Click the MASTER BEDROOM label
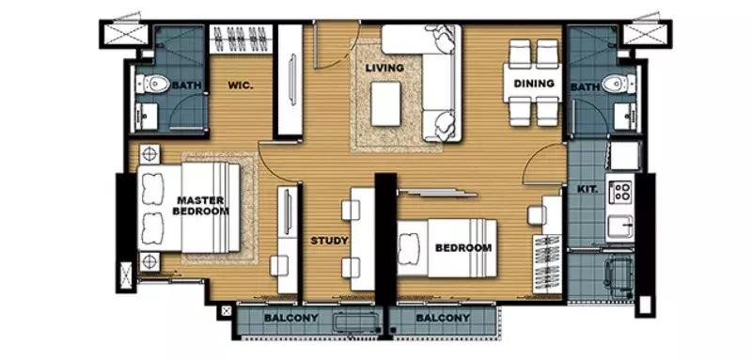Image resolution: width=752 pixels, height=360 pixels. [x=200, y=205]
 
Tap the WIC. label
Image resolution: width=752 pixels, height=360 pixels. [x=241, y=86]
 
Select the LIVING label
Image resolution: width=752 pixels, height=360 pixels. [x=384, y=68]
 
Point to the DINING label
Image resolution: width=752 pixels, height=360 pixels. [x=534, y=84]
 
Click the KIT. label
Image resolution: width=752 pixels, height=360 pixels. [x=587, y=189]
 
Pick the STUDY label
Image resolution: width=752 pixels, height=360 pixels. [x=329, y=241]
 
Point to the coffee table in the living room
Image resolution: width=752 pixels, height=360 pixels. [x=385, y=103]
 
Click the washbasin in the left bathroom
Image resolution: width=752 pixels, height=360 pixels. [x=147, y=117]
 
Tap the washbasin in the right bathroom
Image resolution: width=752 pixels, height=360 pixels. [x=625, y=117]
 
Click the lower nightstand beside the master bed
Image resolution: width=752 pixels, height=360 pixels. [x=150, y=261]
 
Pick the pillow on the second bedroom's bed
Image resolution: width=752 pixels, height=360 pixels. [x=409, y=247]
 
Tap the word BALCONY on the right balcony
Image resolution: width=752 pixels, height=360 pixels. [x=443, y=318]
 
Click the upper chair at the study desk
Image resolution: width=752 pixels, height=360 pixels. [x=351, y=211]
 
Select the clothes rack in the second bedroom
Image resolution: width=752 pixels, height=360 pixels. [x=547, y=263]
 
